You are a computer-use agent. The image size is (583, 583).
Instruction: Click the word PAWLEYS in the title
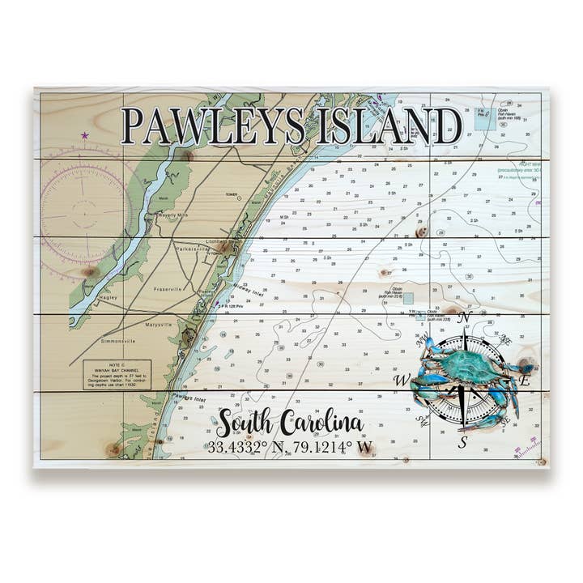(212, 126)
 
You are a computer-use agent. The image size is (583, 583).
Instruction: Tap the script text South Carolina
(289, 423)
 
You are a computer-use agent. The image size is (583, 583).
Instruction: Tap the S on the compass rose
(462, 442)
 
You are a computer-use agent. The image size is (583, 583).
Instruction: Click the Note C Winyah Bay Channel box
(117, 375)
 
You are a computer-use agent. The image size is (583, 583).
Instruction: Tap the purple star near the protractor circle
(84, 135)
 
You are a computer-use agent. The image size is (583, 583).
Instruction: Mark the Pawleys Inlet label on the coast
(189, 398)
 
